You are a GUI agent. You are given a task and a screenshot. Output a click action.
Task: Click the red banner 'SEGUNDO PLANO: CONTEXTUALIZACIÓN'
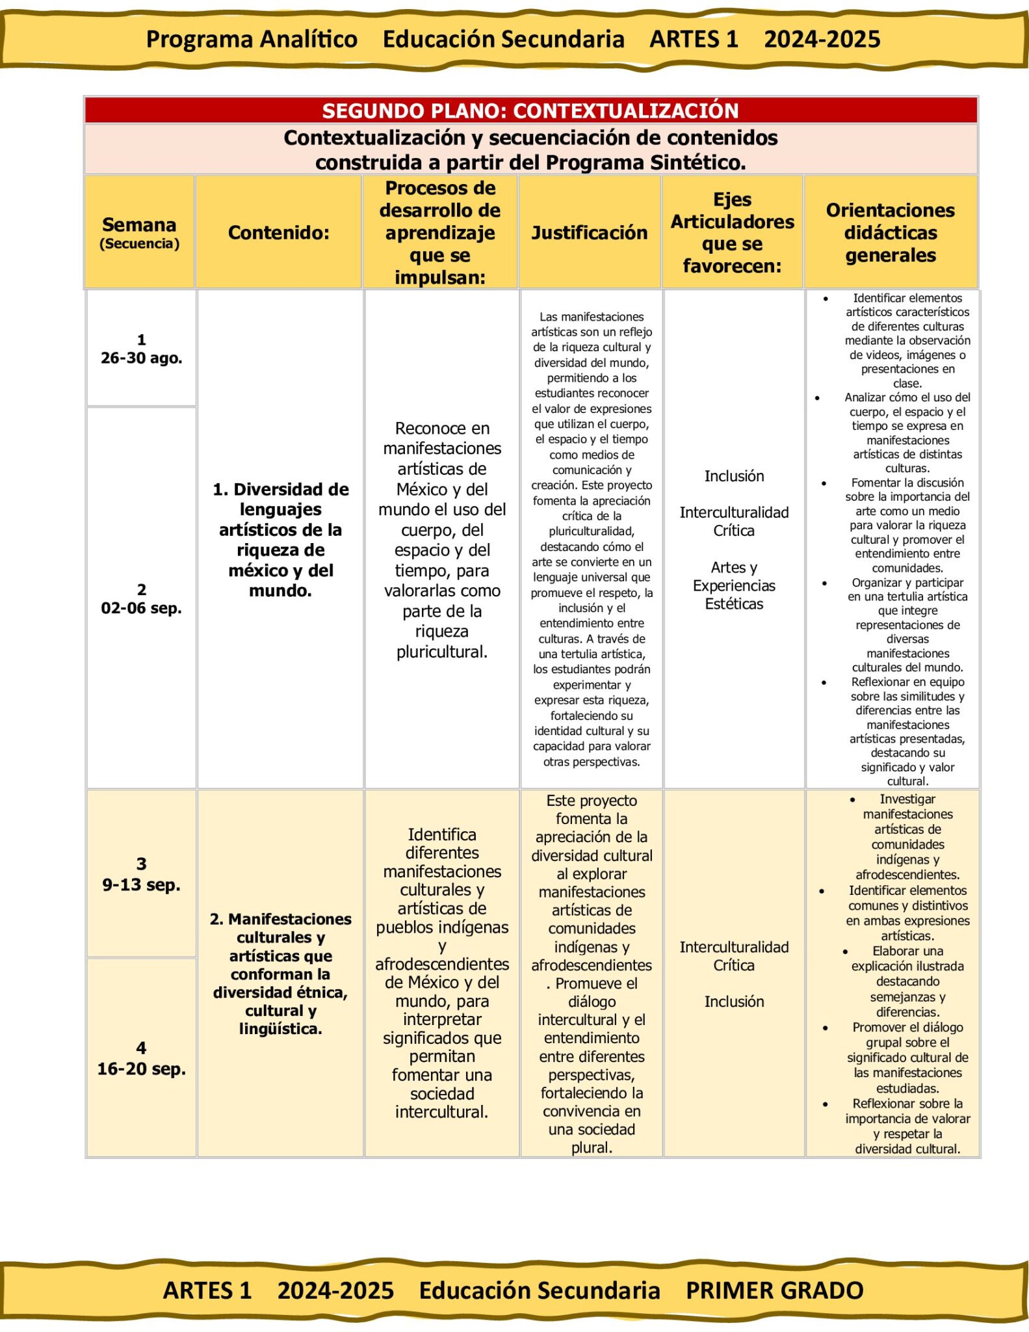pos(530,111)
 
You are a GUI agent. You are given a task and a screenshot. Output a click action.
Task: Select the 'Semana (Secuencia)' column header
pos(139,232)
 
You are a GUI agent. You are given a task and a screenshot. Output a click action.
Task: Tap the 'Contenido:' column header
pos(279,232)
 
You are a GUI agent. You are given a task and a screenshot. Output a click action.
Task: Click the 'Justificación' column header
pos(590,232)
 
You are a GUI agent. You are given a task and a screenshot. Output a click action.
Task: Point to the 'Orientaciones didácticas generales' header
pos(890,232)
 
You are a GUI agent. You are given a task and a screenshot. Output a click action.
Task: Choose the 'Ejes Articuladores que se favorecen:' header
pos(733,232)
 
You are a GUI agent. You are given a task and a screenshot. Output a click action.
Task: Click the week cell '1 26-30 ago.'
pos(141,349)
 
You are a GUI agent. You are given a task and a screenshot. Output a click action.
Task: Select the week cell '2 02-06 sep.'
pos(141,598)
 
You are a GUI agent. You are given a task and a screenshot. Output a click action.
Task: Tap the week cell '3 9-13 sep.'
pos(141,874)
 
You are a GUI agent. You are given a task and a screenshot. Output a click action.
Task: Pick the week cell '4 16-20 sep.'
pos(141,1058)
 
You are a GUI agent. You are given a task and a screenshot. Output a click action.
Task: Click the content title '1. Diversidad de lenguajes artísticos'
pos(280,539)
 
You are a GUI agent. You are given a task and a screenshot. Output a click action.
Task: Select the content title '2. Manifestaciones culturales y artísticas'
pos(280,973)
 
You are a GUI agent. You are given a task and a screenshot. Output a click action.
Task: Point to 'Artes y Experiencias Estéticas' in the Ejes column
pos(734,585)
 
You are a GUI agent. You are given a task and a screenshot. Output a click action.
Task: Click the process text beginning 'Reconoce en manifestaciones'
pos(442,539)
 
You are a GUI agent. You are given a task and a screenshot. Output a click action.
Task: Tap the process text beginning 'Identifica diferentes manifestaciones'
pos(442,973)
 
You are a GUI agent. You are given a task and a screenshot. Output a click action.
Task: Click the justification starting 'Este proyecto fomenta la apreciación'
pos(592,973)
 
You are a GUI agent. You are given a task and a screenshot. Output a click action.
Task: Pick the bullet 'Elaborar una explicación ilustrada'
pos(907,981)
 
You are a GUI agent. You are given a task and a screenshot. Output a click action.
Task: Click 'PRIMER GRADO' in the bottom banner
pos(774,1290)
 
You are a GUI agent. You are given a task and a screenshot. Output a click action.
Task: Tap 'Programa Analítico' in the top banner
pos(252,39)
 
